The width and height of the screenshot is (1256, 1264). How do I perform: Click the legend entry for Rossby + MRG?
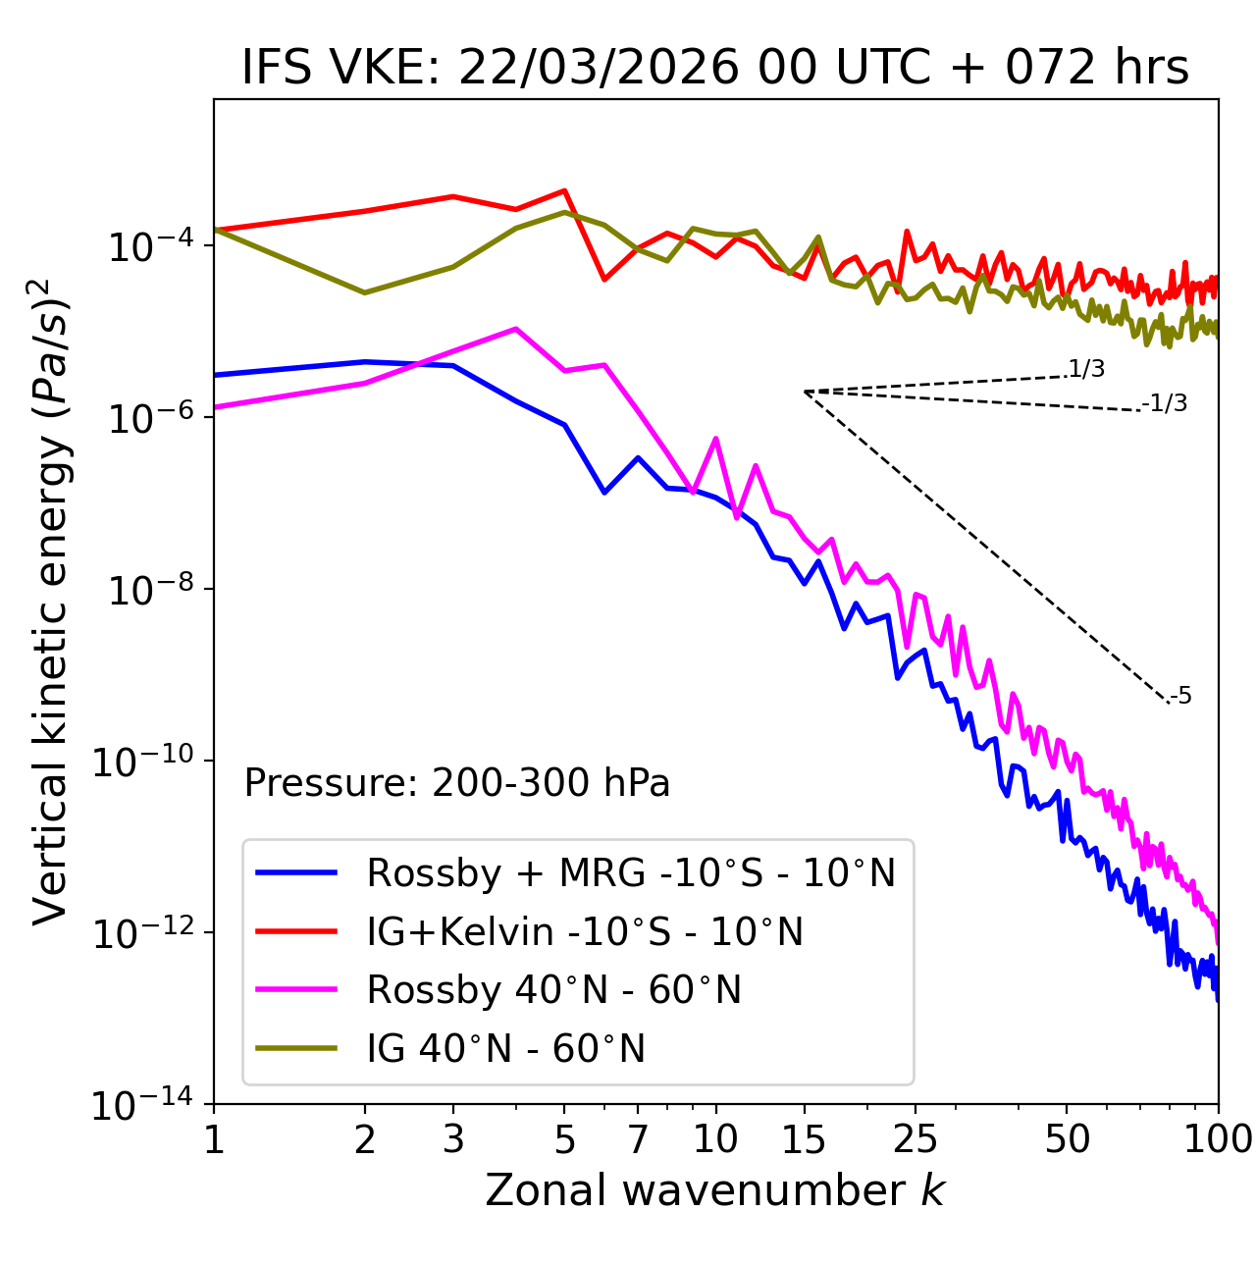630,872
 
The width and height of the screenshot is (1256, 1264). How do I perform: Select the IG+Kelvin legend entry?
585,931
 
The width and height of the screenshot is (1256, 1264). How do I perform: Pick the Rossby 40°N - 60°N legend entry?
553,990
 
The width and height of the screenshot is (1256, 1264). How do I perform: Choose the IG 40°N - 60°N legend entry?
505,1049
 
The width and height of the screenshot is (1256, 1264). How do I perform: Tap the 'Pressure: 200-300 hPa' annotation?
456,783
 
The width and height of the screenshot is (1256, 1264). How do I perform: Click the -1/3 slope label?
1166,402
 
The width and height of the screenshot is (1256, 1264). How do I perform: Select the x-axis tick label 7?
638,1139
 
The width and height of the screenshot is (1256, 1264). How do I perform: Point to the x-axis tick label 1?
214,1139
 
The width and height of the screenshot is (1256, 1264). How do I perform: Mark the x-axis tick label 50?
1067,1139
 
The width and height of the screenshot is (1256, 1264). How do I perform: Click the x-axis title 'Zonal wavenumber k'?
714,1190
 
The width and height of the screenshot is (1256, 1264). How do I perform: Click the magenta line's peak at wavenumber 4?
516,329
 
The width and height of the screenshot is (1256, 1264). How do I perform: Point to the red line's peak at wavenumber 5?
564,190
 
